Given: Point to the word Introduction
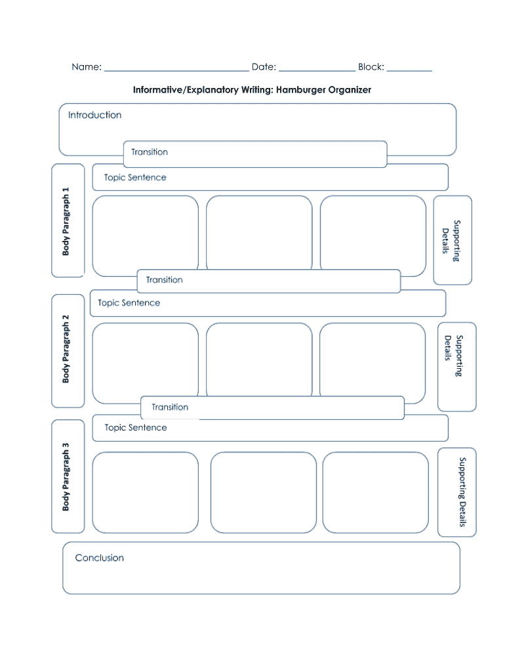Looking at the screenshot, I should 95,115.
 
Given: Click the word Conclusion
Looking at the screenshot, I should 100,558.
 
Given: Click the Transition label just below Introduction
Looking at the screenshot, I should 150,152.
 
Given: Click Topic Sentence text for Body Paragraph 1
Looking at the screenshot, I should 135,177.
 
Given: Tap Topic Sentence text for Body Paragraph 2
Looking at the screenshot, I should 129,303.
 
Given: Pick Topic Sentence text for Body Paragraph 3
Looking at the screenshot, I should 136,428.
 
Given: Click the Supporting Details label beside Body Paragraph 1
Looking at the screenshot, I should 451,240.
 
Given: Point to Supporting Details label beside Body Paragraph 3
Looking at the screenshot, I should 462,492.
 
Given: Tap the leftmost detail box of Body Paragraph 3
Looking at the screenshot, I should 146,492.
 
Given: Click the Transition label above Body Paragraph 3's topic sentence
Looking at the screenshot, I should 170,408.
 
